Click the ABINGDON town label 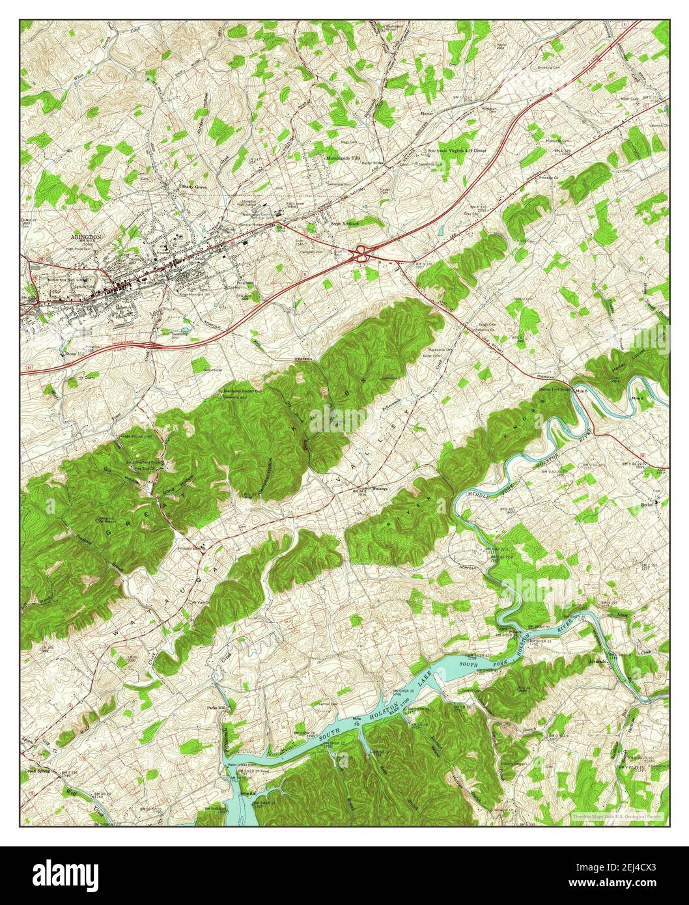pyautogui.click(x=81, y=238)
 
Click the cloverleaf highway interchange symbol pyautogui.click(x=360, y=255)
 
